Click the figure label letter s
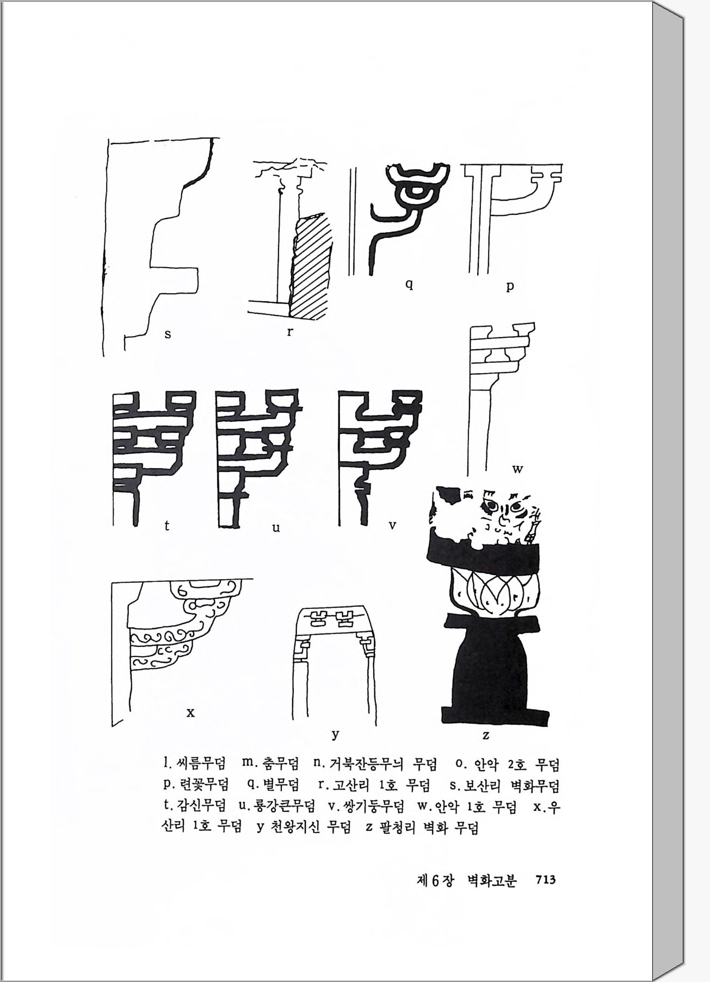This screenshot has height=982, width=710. (x=168, y=334)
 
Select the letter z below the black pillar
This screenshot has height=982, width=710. (x=486, y=736)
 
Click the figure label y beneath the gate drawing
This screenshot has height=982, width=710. (x=336, y=735)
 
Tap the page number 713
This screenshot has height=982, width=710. (x=545, y=880)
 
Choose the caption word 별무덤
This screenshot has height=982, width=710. (x=281, y=785)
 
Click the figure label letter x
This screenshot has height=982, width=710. (x=190, y=712)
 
